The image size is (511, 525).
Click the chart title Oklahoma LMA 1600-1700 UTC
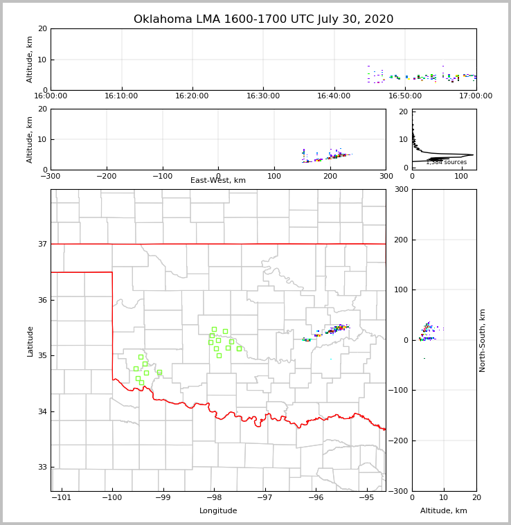(x=263, y=19)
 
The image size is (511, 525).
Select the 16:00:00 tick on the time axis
(x=51, y=96)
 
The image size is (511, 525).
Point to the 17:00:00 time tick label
(x=476, y=96)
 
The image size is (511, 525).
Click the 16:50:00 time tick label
(x=405, y=96)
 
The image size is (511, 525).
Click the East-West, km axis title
(x=218, y=181)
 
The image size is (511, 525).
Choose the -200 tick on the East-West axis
(x=106, y=176)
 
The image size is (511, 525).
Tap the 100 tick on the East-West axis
(x=274, y=176)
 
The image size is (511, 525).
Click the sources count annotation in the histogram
(x=446, y=163)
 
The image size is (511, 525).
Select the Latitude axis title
(x=30, y=341)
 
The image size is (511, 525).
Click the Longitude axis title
(x=218, y=511)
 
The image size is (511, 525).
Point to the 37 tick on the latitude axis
(x=42, y=244)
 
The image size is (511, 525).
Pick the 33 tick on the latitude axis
(x=42, y=468)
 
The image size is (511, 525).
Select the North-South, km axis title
(x=483, y=340)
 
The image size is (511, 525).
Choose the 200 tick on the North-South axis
(x=400, y=240)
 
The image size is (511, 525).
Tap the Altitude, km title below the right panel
(x=444, y=511)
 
